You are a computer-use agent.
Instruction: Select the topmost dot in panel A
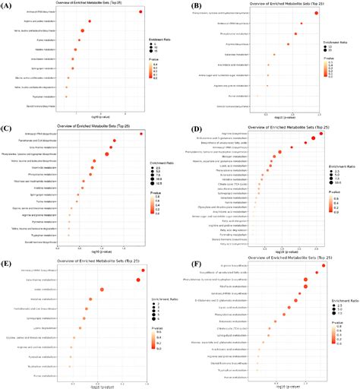141,13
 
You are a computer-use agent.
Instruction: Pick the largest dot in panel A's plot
82,31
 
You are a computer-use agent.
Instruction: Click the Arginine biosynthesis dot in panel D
321,134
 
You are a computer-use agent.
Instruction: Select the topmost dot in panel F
323,266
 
